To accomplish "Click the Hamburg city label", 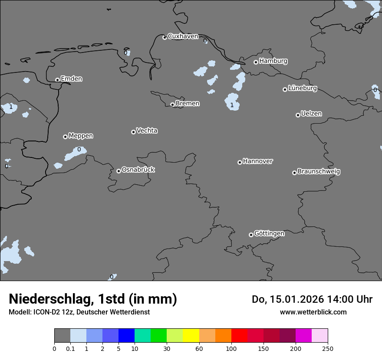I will click(x=273, y=61).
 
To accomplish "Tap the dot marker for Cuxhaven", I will click(x=165, y=37).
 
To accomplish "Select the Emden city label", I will click(x=71, y=79).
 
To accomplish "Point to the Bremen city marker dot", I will click(x=172, y=105).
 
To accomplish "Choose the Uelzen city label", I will click(x=311, y=114).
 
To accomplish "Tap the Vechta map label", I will click(x=147, y=131).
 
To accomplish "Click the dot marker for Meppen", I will click(x=65, y=137).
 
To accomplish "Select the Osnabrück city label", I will click(x=138, y=170).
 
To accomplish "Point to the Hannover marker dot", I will click(x=240, y=162).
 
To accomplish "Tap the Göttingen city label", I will click(x=269, y=233).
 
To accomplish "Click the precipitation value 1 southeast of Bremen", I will click(x=232, y=105).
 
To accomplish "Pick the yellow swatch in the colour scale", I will click(x=191, y=336).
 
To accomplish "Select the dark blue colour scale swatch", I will click(x=126, y=336).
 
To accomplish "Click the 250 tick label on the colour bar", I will click(x=328, y=348).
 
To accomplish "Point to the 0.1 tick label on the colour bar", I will click(x=70, y=348).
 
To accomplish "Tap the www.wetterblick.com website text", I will click(x=313, y=312).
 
